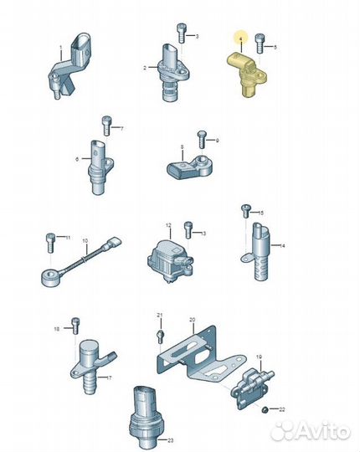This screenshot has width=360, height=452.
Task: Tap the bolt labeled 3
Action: pyautogui.click(x=181, y=33)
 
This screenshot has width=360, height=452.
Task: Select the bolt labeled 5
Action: pyautogui.click(x=260, y=44)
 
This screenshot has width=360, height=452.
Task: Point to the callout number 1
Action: pyautogui.click(x=61, y=47)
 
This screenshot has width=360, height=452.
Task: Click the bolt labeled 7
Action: pyautogui.click(x=106, y=126)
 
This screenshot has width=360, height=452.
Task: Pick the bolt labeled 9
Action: pyautogui.click(x=202, y=140)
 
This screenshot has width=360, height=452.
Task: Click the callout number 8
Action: pyautogui.click(x=182, y=147)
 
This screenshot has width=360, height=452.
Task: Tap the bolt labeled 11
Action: pyautogui.click(x=50, y=243)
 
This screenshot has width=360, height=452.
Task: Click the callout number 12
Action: pyautogui.click(x=168, y=225)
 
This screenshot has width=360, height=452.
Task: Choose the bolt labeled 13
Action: pyautogui.click(x=188, y=230)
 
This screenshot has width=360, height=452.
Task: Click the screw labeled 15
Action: pyautogui.click(x=246, y=211)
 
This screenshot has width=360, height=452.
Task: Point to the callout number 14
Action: pyautogui.click(x=282, y=245)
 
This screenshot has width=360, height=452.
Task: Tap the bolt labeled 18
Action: pyautogui.click(x=75, y=326)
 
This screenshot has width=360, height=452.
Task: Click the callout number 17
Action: pyautogui.click(x=109, y=378)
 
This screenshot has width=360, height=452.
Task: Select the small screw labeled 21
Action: pyautogui.click(x=161, y=336)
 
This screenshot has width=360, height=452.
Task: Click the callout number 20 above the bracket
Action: pyautogui.click(x=193, y=320)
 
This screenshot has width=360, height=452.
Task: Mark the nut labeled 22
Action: pyautogui.click(x=264, y=409)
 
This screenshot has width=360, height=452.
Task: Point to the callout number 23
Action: pyautogui.click(x=170, y=440)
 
